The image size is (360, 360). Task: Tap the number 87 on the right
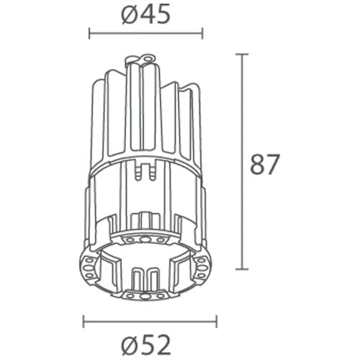(264, 164)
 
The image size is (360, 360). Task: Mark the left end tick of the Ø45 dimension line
(89, 32)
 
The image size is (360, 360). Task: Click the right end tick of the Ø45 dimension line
(202, 32)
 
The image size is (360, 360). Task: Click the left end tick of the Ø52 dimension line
(84, 322)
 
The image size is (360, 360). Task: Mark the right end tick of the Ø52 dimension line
(217, 322)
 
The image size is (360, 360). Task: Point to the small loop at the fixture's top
(148, 55)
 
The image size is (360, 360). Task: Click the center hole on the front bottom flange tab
(145, 295)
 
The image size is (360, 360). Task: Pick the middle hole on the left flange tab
(89, 268)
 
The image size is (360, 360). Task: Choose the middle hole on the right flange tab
(204, 268)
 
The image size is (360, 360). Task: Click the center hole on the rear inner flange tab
(145, 237)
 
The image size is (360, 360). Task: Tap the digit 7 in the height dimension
(271, 164)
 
